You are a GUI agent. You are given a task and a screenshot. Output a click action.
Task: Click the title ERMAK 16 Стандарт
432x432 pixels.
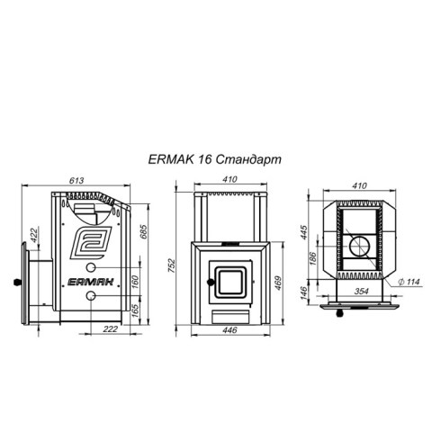tap(215, 159)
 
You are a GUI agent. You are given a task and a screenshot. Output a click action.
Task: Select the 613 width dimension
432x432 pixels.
tap(76, 180)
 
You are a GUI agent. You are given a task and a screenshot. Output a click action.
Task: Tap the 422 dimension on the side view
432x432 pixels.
tap(34, 236)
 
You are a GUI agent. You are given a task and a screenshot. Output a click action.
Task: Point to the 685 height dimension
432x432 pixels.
tap(144, 231)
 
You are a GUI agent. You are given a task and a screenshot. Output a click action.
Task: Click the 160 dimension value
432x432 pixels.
tap(135, 281)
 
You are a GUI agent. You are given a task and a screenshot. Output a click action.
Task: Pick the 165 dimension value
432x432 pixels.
tap(135, 311)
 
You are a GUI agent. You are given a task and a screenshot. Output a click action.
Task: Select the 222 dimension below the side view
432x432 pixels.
tap(111, 328)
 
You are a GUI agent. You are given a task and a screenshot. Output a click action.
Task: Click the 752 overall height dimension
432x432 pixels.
tap(171, 265)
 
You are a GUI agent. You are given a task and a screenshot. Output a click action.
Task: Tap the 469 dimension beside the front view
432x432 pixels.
tap(278, 283)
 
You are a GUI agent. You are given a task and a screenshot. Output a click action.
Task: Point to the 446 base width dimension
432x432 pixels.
tap(230, 330)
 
